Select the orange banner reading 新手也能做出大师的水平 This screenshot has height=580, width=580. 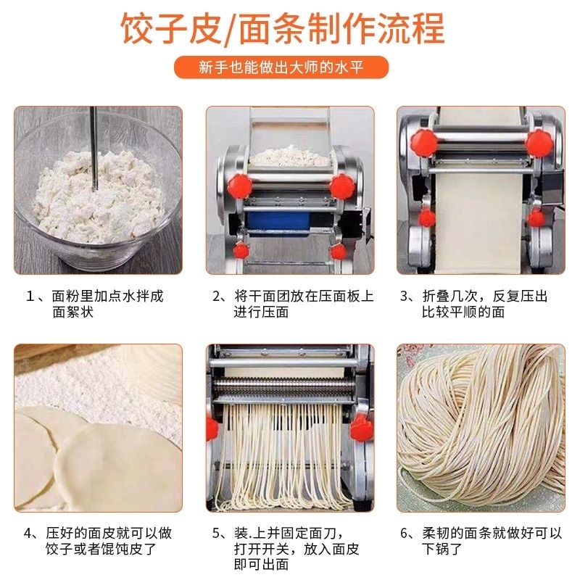coord(282,68)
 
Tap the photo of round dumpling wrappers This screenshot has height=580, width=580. coord(98,428)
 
